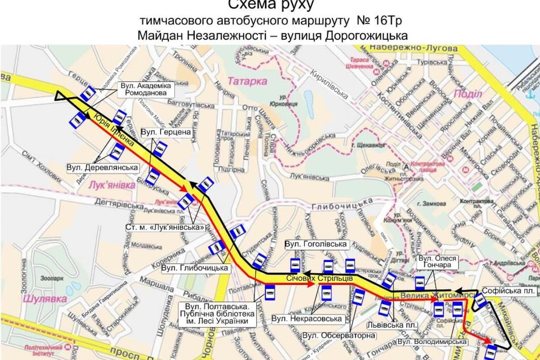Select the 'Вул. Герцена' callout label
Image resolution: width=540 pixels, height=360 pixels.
(166, 132)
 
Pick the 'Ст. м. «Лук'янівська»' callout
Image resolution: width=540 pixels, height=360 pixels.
(166, 228)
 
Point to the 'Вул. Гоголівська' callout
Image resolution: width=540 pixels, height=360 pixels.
(316, 244)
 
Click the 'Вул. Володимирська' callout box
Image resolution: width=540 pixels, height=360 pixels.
(432, 342)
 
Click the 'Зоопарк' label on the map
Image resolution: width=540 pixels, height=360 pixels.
(51, 279)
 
